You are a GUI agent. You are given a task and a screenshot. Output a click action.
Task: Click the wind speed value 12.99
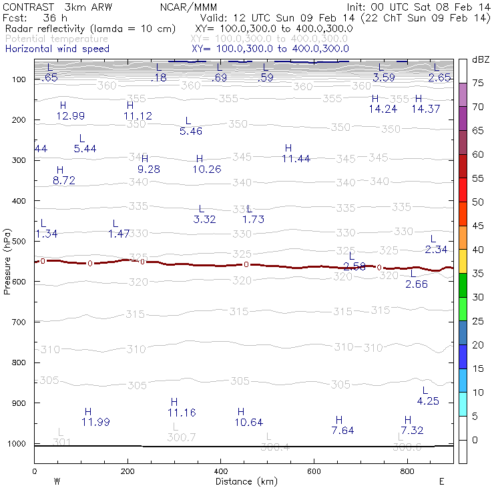click(x=70, y=115)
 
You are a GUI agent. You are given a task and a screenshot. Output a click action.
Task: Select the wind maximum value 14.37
click(x=425, y=109)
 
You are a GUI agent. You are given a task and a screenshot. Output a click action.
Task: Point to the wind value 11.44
click(x=296, y=158)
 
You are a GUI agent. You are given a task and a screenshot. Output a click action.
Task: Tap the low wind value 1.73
click(x=254, y=219)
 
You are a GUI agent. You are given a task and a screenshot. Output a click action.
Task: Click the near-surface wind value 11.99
click(x=95, y=422)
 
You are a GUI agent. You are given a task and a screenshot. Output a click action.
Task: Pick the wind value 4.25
click(x=428, y=401)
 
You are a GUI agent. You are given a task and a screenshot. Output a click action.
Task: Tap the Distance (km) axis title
click(x=243, y=481)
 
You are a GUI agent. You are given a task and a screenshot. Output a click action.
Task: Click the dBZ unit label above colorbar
click(x=481, y=59)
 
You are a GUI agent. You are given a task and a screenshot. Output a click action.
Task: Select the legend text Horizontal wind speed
click(x=57, y=49)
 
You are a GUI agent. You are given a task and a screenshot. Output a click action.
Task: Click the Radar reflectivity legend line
click(x=90, y=29)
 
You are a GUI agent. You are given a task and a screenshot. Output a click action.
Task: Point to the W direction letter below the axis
click(x=57, y=481)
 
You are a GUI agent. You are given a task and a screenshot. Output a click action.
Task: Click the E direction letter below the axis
click(x=441, y=481)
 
